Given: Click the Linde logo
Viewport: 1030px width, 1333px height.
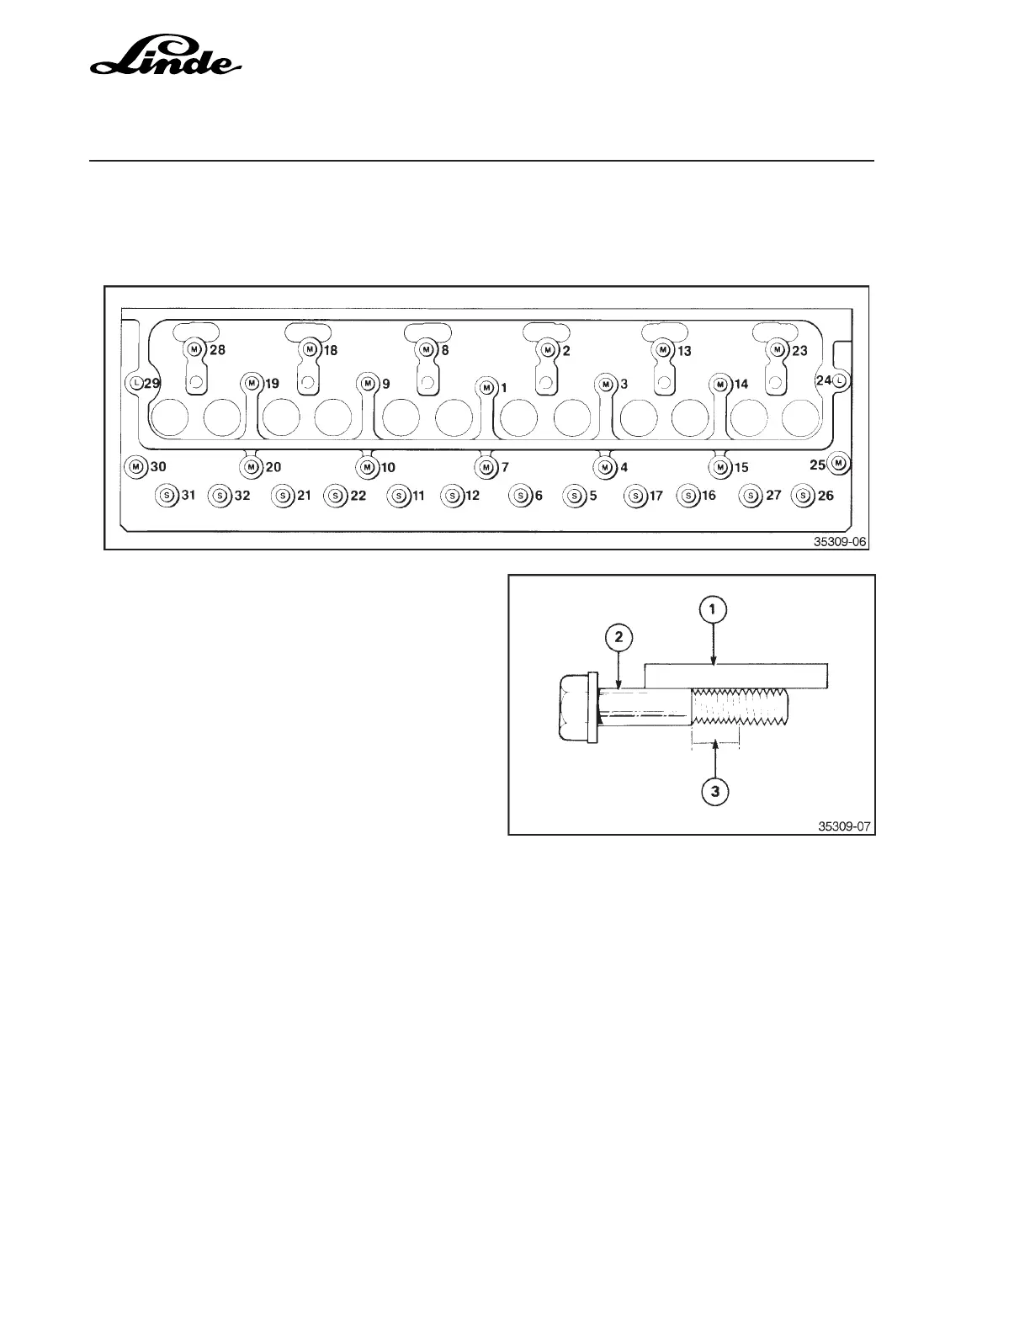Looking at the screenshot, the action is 166,56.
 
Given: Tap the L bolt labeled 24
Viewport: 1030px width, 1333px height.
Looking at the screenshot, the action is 840,380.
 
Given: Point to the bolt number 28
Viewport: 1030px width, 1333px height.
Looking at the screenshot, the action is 194,349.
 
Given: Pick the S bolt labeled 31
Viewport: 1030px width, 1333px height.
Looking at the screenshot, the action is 166,496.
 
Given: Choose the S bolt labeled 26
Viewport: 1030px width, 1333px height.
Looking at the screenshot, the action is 804,496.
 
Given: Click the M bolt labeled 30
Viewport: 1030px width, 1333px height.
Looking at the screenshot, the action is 135,466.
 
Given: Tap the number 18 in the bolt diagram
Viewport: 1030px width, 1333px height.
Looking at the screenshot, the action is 331,350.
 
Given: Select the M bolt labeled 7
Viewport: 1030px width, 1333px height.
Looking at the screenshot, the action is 486,467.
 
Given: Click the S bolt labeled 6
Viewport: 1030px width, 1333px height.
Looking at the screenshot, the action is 521,496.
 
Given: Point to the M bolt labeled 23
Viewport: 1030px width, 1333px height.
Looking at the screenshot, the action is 778,349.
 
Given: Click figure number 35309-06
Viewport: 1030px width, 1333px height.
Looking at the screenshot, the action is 839,543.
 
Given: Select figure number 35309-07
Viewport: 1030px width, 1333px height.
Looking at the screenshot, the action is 845,826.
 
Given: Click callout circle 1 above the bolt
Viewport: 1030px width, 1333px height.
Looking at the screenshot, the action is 713,608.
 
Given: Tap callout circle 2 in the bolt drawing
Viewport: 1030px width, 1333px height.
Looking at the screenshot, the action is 619,637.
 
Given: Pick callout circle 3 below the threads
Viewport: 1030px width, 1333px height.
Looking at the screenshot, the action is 714,790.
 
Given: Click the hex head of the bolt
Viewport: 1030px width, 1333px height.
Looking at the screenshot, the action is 575,708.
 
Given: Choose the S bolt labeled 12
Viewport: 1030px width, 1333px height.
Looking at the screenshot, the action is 453,496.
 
